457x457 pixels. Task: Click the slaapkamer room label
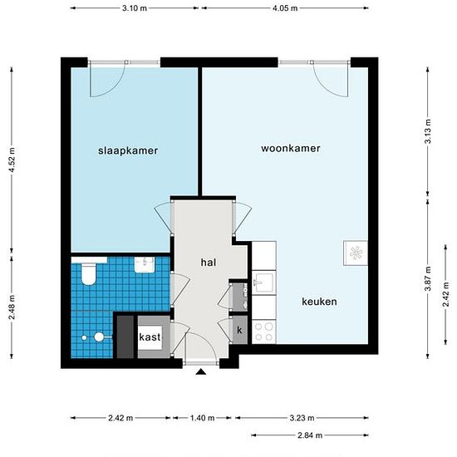tap(127, 150)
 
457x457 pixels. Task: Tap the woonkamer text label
tap(291, 148)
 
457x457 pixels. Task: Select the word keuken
tap(319, 302)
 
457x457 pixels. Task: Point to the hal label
tap(208, 262)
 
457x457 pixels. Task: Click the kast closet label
tap(150, 337)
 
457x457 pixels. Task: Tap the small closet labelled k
tap(239, 331)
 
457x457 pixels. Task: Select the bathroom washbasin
tap(146, 263)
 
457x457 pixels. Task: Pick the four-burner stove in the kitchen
tap(263, 332)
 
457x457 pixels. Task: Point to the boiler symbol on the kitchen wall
tap(355, 251)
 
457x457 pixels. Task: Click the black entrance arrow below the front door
tap(200, 372)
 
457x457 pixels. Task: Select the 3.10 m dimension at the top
tap(135, 8)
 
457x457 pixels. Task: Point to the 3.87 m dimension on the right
tap(430, 272)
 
